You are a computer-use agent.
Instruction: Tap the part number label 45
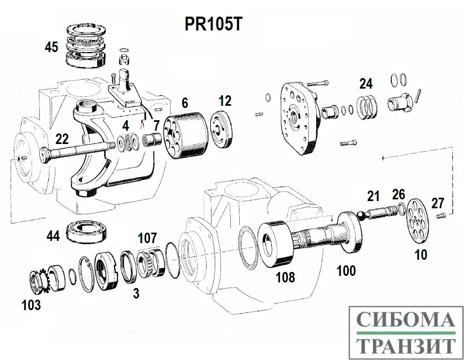pyautogui.click(x=51, y=47)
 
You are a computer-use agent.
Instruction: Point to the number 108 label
pyautogui.click(x=286, y=277)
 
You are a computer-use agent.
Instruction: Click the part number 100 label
pyautogui.click(x=346, y=271)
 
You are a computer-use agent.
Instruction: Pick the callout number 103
pyautogui.click(x=30, y=304)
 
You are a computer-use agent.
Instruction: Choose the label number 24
pyautogui.click(x=365, y=84)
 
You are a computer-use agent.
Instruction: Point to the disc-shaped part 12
pyautogui.click(x=224, y=130)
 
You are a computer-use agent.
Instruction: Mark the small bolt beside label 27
pyautogui.click(x=441, y=215)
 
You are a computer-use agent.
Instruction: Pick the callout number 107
pyautogui.click(x=148, y=238)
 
